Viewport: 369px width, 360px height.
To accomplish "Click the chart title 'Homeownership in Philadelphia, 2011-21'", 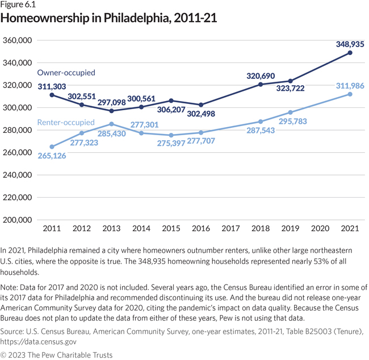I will tap(109, 18).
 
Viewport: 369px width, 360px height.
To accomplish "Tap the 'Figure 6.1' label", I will tap(18, 5).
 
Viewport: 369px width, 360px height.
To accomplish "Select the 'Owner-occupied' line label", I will tap(66, 73).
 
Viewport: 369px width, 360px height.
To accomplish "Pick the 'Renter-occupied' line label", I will tap(66, 122).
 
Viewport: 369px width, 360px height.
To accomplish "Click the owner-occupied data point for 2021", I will tap(350, 53).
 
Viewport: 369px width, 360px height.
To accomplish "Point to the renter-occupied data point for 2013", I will tap(111, 124).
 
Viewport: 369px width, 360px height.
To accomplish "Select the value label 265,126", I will tap(52, 156).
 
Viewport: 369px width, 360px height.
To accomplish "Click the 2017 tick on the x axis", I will tap(230, 229).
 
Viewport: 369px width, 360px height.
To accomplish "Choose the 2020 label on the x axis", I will tap(320, 229).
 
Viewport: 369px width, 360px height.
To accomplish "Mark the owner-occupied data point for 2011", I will tap(52, 95).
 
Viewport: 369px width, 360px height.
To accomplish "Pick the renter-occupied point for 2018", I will tap(261, 122).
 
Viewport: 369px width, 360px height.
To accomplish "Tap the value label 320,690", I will tap(261, 75).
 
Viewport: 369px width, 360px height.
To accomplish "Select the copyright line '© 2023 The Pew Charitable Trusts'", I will tap(57, 355).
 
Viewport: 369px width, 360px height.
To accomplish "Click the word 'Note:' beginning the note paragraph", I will tap(11, 288).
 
